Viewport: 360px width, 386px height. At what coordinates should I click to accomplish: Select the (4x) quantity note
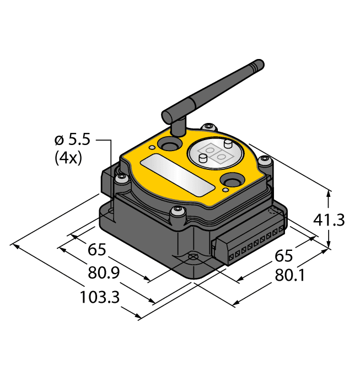click(x=68, y=158)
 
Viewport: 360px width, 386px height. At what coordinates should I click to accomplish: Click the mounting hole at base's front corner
click(x=193, y=257)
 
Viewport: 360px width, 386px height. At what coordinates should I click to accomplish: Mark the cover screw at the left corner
click(x=121, y=177)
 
